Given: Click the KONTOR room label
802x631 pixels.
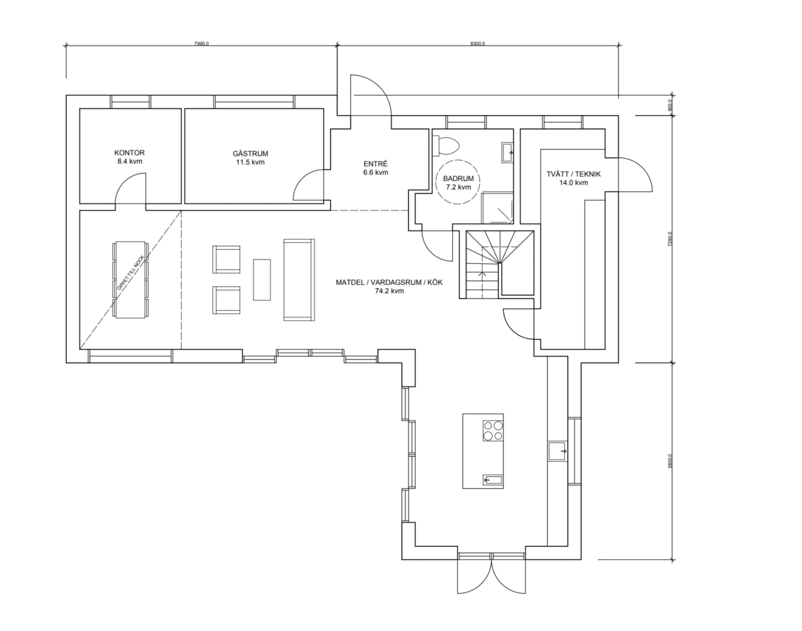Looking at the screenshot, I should point(129,153).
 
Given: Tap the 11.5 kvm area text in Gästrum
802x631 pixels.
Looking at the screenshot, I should point(250,162).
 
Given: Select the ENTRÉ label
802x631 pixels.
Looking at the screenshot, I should point(376,164).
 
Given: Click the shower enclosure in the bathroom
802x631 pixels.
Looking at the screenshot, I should point(497,208).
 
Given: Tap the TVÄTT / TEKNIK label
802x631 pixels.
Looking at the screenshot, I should point(573,174).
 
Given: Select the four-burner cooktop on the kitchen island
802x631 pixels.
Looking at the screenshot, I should point(493,431).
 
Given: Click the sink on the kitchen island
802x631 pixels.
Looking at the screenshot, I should point(493,480).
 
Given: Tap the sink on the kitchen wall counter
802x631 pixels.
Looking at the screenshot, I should point(558,451).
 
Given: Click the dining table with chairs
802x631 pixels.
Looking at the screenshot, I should point(130,280).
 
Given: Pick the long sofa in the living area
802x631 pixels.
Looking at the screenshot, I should point(299,280).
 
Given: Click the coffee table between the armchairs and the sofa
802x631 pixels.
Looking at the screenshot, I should point(262,280).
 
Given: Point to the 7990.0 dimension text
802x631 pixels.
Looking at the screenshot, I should point(201,43).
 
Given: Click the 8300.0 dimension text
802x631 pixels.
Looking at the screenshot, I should point(477,43).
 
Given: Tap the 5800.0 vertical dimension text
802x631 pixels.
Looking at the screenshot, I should point(670,461).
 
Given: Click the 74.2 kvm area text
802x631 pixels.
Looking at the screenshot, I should point(389,291).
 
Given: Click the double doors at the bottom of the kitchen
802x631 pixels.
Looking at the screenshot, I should point(492,577).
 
